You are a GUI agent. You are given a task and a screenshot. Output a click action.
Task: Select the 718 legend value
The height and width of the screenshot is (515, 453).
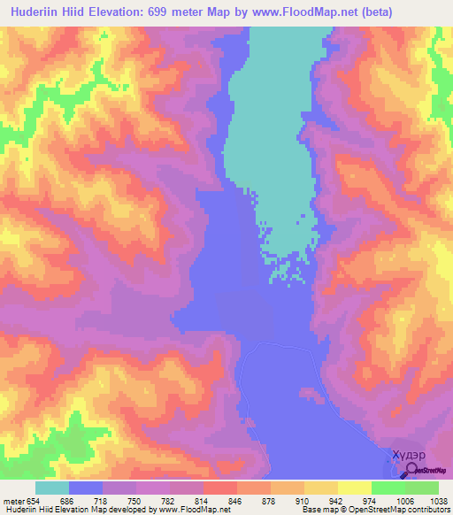click(103, 500)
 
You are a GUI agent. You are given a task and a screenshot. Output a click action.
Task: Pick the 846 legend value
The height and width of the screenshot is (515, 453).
click(237, 500)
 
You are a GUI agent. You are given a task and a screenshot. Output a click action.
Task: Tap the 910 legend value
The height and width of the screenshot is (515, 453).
click(304, 500)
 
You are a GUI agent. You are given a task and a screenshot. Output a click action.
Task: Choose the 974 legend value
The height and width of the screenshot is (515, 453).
click(372, 500)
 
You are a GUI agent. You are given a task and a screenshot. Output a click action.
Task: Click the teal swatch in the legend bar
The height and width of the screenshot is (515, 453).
click(52, 488)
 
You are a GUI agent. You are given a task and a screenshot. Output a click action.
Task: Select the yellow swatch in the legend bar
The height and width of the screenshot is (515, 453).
click(354, 488)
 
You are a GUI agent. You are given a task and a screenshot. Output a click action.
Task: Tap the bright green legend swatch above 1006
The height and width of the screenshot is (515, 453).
click(388, 488)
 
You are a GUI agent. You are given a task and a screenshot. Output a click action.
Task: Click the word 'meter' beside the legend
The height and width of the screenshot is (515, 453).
click(12, 500)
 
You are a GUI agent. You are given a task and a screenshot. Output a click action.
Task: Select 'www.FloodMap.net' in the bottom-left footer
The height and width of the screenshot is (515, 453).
click(194, 510)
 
